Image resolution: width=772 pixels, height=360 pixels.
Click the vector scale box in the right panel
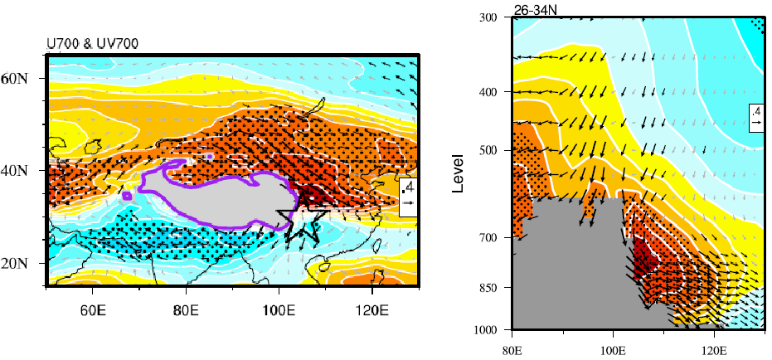pyautogui.click(x=756, y=116)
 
